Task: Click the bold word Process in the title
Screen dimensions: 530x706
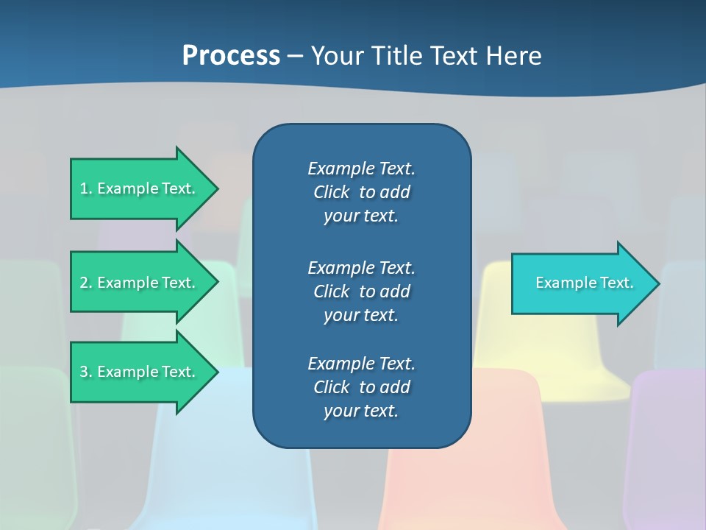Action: coord(231,55)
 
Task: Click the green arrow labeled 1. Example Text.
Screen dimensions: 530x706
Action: coord(140,188)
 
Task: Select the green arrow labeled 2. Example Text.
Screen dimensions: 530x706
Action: coord(140,283)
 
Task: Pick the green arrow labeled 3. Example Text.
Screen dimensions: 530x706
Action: coord(140,372)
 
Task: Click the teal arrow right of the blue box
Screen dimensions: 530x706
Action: coord(581,283)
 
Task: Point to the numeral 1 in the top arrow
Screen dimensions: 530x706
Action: coord(84,188)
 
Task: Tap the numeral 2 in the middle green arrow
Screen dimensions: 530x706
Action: coord(84,283)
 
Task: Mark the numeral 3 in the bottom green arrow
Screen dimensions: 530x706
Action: coord(84,372)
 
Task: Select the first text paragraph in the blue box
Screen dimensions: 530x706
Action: coord(361,192)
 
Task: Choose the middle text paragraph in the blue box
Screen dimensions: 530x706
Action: coord(361,291)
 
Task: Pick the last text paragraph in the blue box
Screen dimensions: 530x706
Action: coord(361,387)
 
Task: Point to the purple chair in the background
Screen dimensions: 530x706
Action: coord(666,442)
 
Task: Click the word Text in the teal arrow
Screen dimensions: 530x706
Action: coord(616,283)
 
